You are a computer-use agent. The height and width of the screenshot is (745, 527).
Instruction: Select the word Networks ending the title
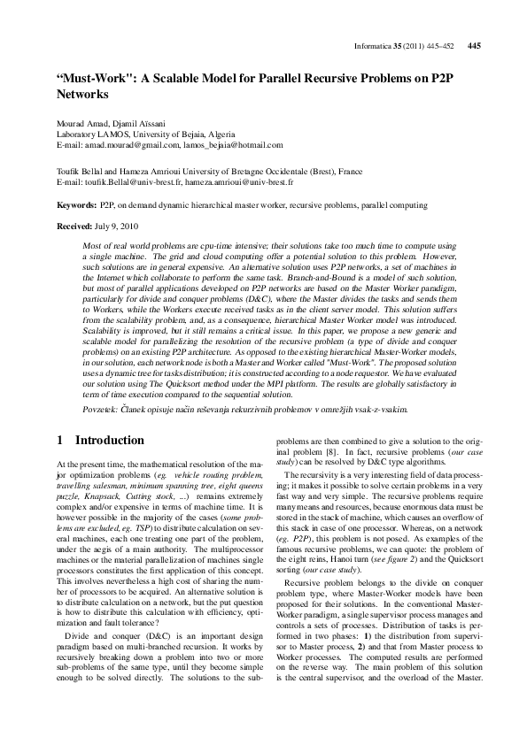(x=81, y=92)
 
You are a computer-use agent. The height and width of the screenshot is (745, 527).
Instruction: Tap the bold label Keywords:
(x=76, y=204)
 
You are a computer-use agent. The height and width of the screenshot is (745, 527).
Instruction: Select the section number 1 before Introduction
(x=59, y=440)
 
